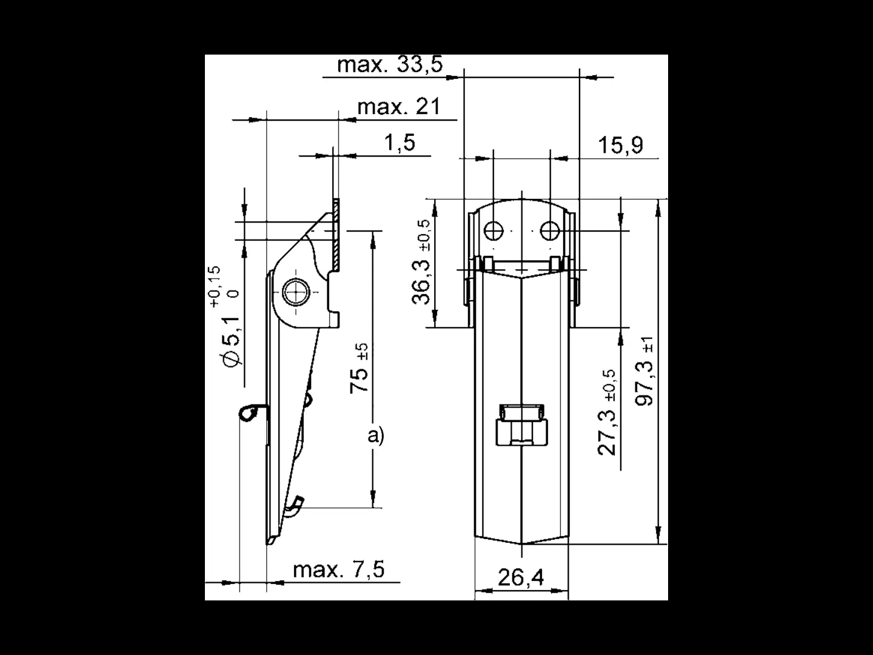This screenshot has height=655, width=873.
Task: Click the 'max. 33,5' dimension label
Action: point(389,64)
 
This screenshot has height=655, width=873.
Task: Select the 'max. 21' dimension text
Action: point(399,107)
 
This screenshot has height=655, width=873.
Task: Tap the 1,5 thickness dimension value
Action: point(400,143)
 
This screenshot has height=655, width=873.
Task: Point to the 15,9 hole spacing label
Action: point(620,145)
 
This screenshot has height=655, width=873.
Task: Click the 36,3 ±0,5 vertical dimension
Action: point(421,261)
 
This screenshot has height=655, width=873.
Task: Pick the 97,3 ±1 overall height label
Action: point(644,371)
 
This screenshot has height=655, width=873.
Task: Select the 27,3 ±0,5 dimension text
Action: point(607,412)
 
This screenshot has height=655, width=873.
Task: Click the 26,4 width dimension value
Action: point(521,577)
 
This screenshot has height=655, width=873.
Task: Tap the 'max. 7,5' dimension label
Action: point(338,569)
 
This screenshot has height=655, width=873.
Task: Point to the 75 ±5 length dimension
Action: point(359,368)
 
